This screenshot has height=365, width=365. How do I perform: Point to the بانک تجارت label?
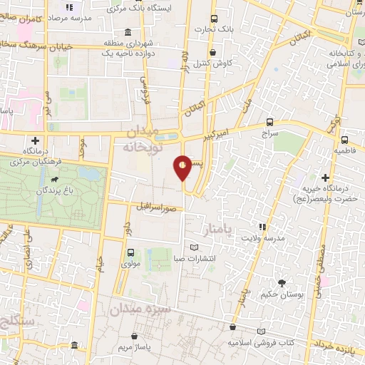(x=217, y=30)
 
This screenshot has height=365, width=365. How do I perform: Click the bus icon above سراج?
(x=269, y=122)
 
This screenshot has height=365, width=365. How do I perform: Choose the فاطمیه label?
(x=344, y=152)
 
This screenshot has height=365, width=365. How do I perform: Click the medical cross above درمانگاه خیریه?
(x=326, y=177)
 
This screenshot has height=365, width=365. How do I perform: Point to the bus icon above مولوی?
(x=130, y=252)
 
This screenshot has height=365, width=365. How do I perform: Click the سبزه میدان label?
(x=138, y=309)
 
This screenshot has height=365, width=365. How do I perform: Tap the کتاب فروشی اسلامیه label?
(x=261, y=342)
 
